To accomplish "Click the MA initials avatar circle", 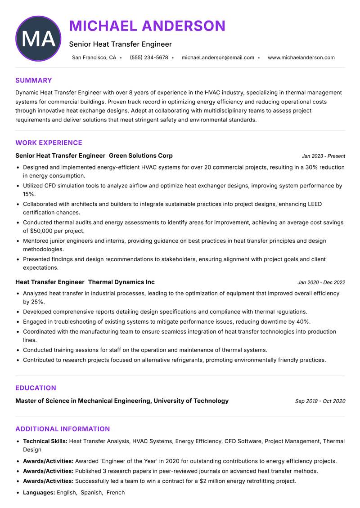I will [38, 39].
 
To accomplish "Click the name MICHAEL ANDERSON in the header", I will [147, 26].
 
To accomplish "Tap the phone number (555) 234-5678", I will [148, 58].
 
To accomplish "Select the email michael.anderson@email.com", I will [218, 58].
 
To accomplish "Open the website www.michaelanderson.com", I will [301, 58].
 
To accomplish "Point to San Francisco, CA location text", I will [94, 58].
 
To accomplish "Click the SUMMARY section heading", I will [34, 80].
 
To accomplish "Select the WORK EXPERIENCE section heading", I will [49, 143].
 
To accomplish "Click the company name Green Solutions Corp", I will [140, 156].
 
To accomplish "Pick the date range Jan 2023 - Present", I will [323, 156].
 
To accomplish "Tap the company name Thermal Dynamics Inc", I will [121, 282].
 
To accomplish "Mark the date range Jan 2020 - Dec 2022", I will [321, 282].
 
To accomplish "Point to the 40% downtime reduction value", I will [303, 321].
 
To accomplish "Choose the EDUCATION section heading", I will [36, 388].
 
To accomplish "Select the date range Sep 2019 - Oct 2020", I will [320, 401].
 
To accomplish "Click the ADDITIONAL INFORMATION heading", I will [63, 429].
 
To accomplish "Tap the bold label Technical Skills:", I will [45, 441].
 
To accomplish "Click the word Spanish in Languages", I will [91, 492].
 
